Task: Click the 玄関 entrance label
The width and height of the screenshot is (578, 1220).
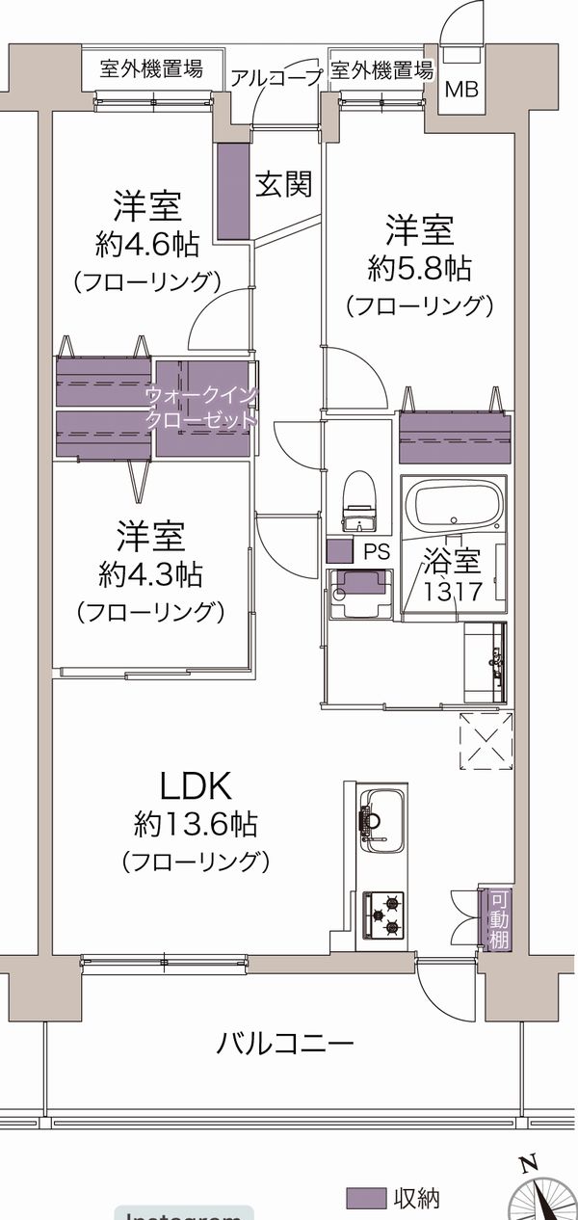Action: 283,184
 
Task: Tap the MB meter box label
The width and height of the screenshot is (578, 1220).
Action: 460,90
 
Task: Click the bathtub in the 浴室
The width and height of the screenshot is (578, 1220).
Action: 456,503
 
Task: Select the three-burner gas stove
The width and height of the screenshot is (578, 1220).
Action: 383,915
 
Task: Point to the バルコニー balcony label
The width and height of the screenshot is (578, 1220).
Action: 285,1043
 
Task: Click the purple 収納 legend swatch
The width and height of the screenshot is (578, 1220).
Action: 364,1199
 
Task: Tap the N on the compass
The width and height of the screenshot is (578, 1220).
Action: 528,1164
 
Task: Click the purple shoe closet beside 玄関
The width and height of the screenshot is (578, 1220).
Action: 233,191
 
